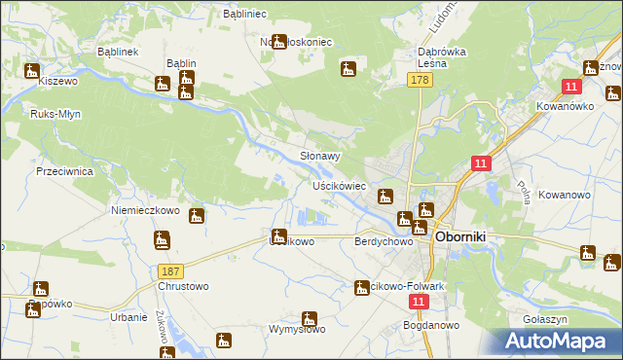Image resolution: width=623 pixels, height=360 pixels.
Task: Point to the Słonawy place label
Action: (319, 156)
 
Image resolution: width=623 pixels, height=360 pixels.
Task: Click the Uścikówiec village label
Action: (338, 185)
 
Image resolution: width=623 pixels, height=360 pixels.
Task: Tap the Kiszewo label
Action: (57, 83)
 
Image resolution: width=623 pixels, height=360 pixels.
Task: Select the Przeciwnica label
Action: (63, 168)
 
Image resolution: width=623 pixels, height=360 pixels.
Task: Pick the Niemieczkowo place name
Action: (146, 209)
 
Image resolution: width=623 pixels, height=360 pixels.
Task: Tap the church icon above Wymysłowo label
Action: (310, 317)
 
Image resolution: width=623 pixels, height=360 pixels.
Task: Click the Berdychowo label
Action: (380, 241)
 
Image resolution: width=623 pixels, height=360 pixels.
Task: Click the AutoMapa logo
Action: (560, 341)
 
